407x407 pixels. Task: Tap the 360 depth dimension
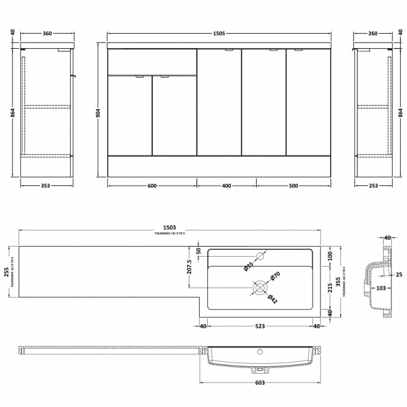pyautogui.click(x=43, y=33)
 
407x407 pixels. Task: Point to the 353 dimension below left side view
pyautogui.click(x=43, y=185)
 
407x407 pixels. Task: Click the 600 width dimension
pyautogui.click(x=152, y=185)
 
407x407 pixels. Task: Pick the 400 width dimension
pyautogui.click(x=227, y=185)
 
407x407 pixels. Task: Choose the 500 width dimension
pyautogui.click(x=293, y=185)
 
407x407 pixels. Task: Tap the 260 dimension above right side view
pyautogui.click(x=374, y=33)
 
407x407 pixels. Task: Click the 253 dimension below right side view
pyautogui.click(x=374, y=185)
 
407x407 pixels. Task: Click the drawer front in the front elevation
pyautogui.click(x=152, y=61)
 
